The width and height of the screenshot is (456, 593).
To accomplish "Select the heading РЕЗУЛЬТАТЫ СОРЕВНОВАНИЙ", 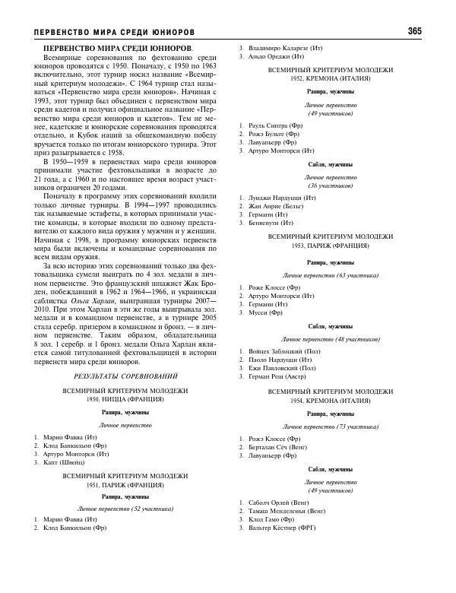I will pyautogui.click(x=126, y=376).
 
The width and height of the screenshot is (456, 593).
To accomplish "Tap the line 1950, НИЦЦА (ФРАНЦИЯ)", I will pyautogui.click(x=126, y=399).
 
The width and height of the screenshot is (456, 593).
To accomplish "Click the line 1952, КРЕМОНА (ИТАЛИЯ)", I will pyautogui.click(x=331, y=78).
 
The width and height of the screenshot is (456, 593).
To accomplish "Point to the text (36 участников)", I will pyautogui.click(x=331, y=185).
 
